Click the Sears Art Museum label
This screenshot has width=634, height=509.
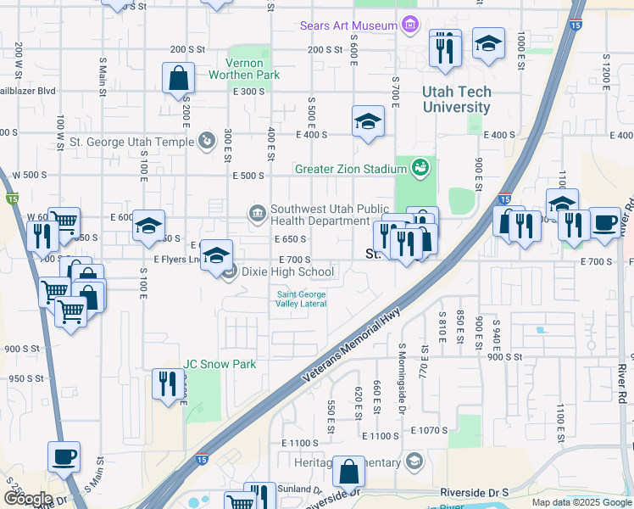click(348, 25)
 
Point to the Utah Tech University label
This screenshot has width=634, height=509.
click(457, 100)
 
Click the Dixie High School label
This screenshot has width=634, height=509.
click(287, 272)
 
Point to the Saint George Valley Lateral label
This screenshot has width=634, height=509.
click(301, 299)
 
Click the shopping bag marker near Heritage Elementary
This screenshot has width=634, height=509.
click(348, 472)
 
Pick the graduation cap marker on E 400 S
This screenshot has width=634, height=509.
click(368, 121)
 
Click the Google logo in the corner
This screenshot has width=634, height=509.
click(27, 499)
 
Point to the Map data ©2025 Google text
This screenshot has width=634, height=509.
click(582, 502)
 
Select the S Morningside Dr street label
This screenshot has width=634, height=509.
click(402, 365)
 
